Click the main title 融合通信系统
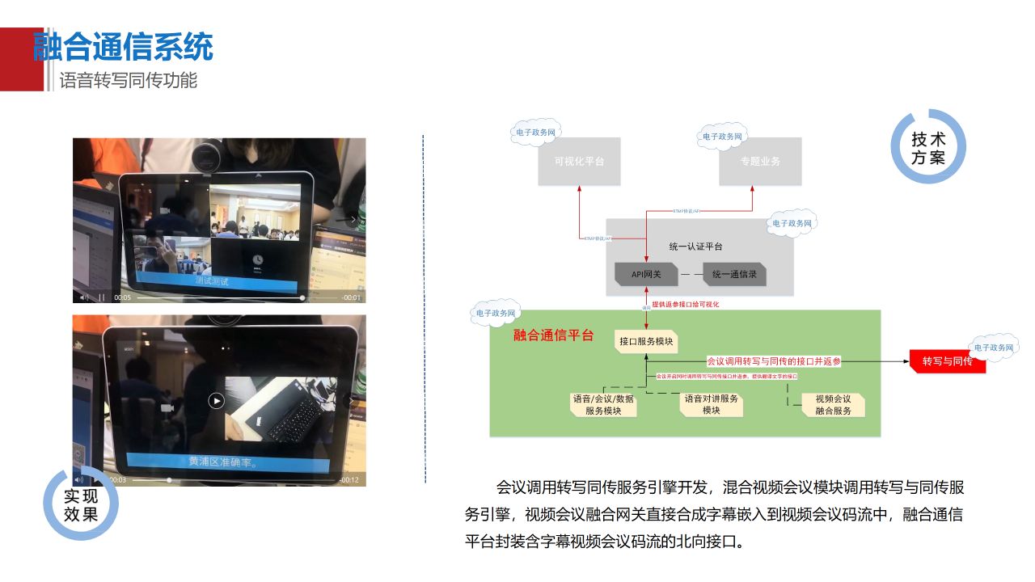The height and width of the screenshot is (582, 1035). click(x=124, y=47)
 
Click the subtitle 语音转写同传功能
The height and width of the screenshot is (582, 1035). click(x=129, y=81)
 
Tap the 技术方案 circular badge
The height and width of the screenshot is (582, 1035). click(x=928, y=148)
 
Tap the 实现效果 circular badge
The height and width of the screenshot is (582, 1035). click(x=81, y=504)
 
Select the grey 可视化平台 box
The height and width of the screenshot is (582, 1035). click(x=579, y=161)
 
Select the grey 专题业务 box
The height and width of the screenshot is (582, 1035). click(x=760, y=161)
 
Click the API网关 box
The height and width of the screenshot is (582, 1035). click(x=646, y=274)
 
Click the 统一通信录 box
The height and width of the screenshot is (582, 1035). click(x=734, y=274)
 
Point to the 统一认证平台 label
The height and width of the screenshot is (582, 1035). click(x=696, y=246)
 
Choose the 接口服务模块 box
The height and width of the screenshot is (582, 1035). click(x=646, y=341)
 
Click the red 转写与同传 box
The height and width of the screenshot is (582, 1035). click(x=948, y=361)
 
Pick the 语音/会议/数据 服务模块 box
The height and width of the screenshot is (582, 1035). click(x=603, y=404)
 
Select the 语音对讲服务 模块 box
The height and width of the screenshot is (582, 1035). click(x=712, y=404)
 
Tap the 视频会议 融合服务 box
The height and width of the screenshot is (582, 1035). click(x=833, y=404)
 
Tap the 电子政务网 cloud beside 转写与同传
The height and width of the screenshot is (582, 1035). click(x=994, y=348)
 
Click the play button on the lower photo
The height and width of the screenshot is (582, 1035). click(x=216, y=400)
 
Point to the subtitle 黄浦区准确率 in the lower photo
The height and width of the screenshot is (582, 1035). click(x=223, y=462)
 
